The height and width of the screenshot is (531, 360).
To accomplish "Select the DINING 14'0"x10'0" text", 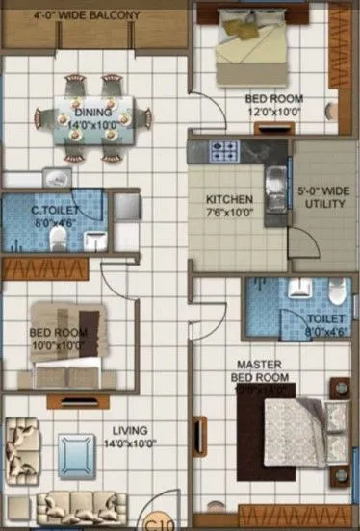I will point(92,118).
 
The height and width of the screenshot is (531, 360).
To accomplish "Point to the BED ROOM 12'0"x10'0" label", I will point(273,105).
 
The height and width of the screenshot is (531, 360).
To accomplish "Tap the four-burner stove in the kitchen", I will point(224,150).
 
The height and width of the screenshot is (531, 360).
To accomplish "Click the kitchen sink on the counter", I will point(275,177).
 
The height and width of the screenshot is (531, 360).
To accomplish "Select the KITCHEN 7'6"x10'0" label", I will point(229,206).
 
